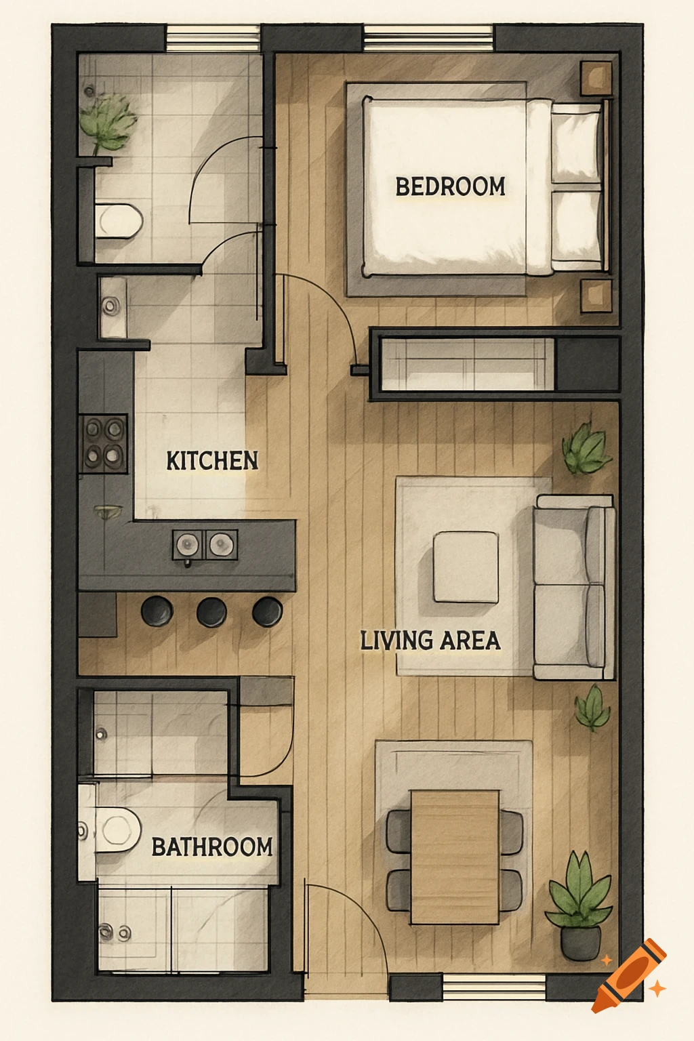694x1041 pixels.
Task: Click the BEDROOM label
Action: (x=450, y=186)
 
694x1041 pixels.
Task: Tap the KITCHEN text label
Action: (x=212, y=461)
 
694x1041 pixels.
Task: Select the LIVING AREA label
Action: (x=430, y=640)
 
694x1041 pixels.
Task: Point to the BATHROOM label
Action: (x=211, y=846)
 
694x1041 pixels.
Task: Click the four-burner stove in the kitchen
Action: (x=104, y=443)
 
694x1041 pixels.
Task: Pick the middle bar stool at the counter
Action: (x=211, y=611)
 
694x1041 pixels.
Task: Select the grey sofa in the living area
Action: (x=575, y=587)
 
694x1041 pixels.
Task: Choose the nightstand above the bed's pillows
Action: (x=596, y=77)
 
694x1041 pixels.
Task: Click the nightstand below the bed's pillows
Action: (x=596, y=295)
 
